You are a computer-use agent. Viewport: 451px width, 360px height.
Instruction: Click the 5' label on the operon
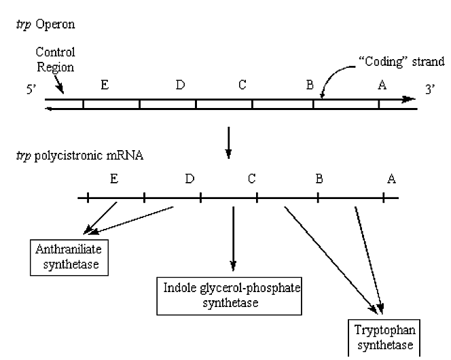click(x=31, y=90)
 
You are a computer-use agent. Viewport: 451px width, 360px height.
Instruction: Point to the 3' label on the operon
click(x=429, y=90)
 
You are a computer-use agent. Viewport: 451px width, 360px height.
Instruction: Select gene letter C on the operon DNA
click(x=242, y=85)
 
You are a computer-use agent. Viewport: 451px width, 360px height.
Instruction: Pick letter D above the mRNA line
click(x=189, y=179)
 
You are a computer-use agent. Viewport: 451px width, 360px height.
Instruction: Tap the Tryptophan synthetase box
click(x=382, y=338)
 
